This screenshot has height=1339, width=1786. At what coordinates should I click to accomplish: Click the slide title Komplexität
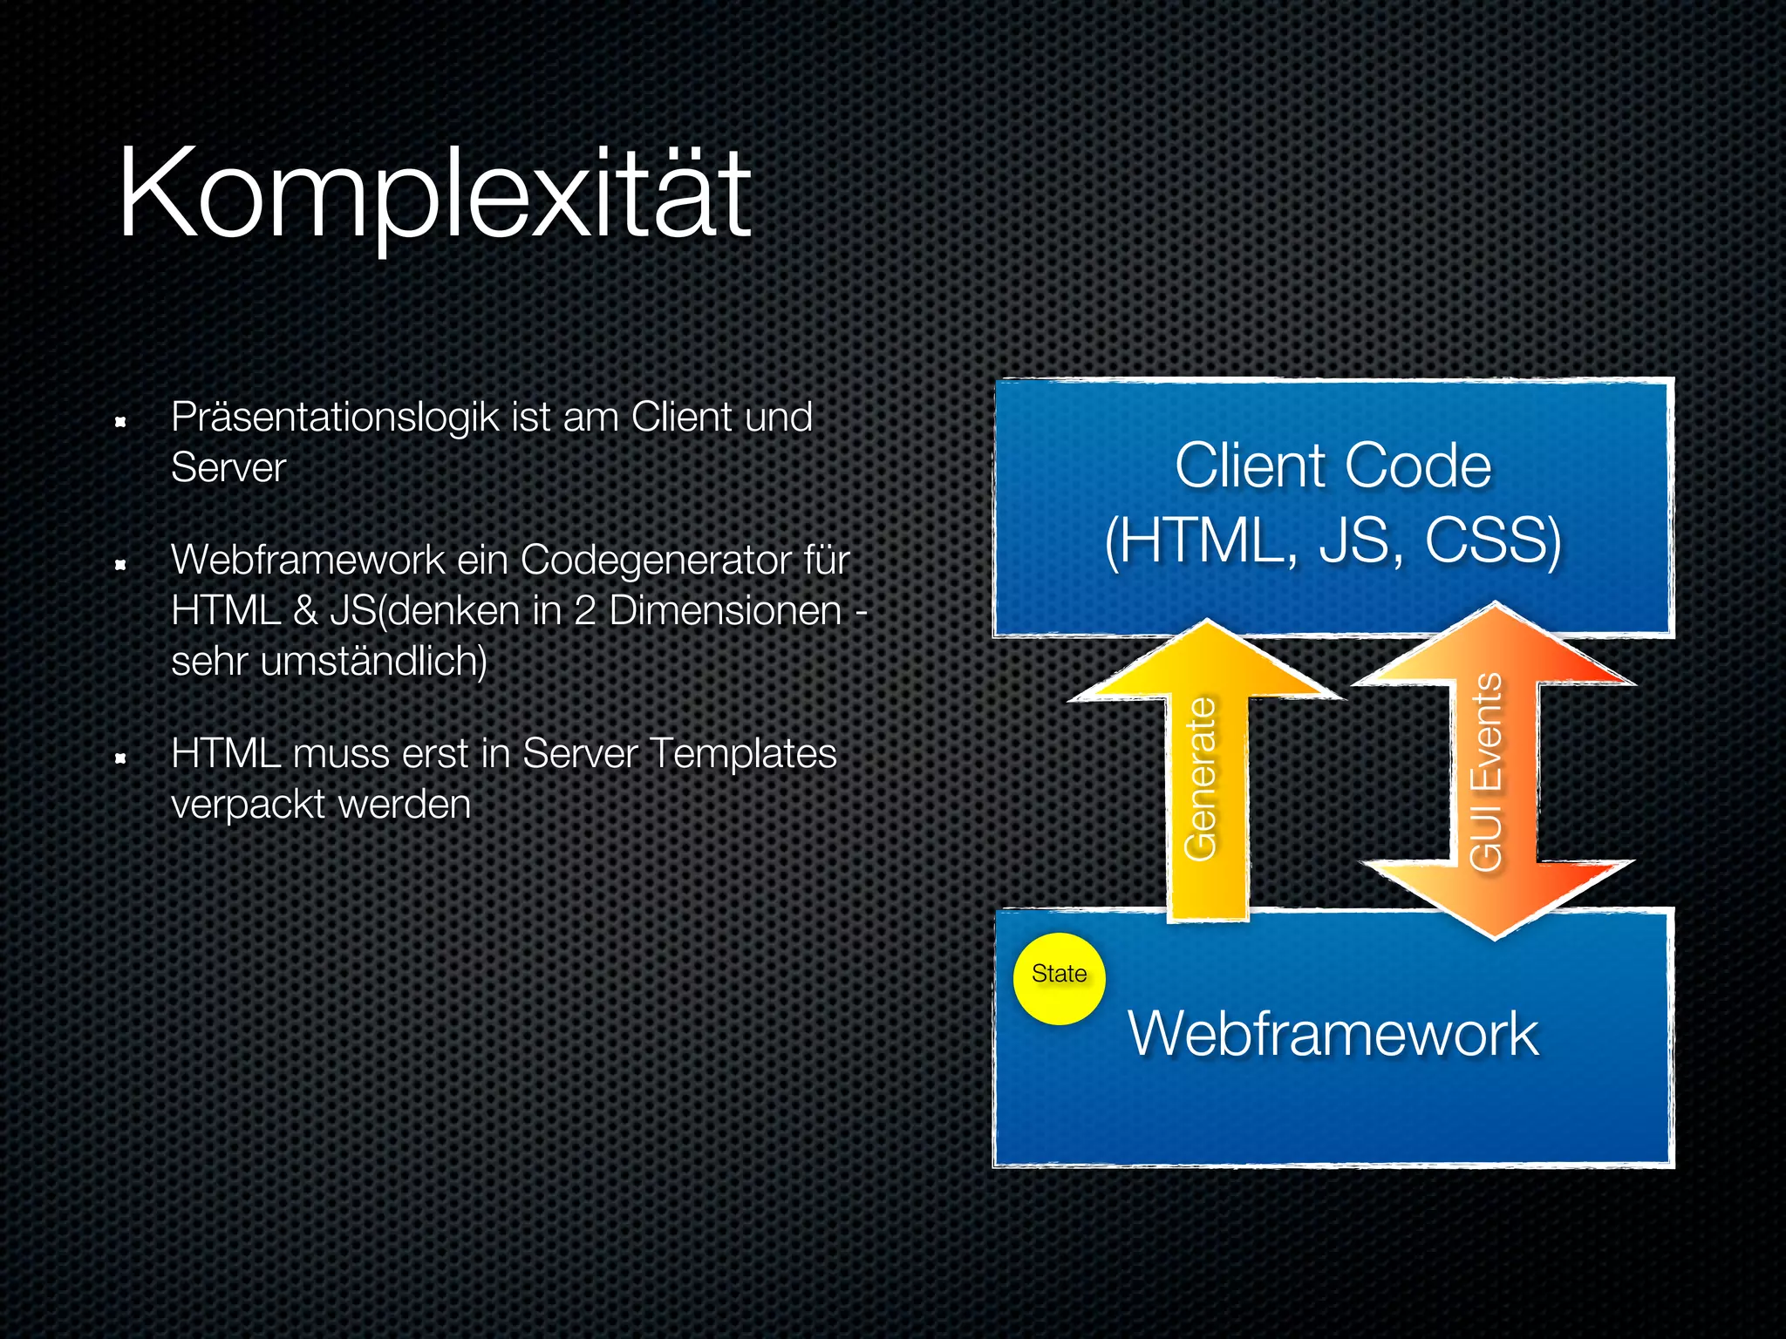pos(434,194)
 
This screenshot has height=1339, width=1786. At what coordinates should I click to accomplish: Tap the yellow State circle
pos(1059,978)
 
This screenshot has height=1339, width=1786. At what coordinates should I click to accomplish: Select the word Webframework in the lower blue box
pos(1333,1034)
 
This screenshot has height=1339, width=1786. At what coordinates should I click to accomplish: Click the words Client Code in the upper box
pos(1333,466)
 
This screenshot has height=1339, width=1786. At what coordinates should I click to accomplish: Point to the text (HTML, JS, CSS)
pos(1333,541)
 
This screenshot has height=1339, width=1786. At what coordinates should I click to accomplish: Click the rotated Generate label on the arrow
pos(1202,778)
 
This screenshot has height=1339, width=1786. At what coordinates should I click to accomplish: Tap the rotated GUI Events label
pos(1486,771)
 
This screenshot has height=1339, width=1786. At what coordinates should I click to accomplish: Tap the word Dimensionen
pos(725,610)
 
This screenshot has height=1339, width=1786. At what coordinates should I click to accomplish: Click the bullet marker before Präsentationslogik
pos(121,423)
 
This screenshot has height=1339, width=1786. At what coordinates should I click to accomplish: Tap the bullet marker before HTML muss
pos(121,759)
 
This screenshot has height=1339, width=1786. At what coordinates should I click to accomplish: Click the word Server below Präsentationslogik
pos(228,468)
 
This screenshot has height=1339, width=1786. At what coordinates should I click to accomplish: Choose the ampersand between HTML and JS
pos(305,610)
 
